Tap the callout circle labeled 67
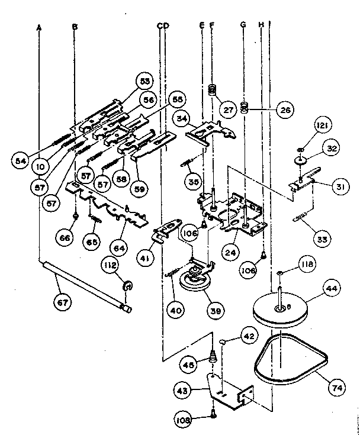tap(62, 302)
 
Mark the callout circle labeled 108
tap(183, 421)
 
